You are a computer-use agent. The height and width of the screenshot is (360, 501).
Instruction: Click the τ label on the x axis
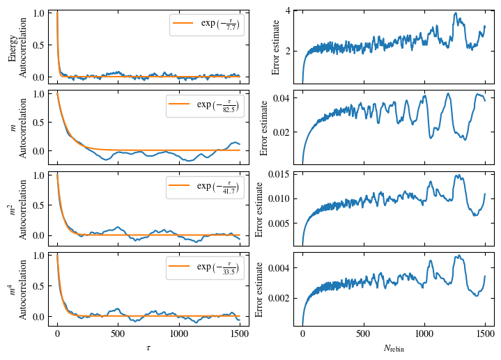148,347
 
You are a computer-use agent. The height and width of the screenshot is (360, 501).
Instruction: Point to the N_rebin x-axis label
394,347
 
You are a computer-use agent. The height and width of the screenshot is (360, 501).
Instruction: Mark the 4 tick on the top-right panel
287,12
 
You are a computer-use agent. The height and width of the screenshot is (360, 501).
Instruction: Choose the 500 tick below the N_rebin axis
363,334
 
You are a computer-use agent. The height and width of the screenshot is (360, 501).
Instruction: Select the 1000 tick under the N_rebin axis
424,334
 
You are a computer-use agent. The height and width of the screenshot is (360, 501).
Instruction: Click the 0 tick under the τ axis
57,334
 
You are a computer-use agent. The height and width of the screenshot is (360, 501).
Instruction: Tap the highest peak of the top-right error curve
455,13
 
